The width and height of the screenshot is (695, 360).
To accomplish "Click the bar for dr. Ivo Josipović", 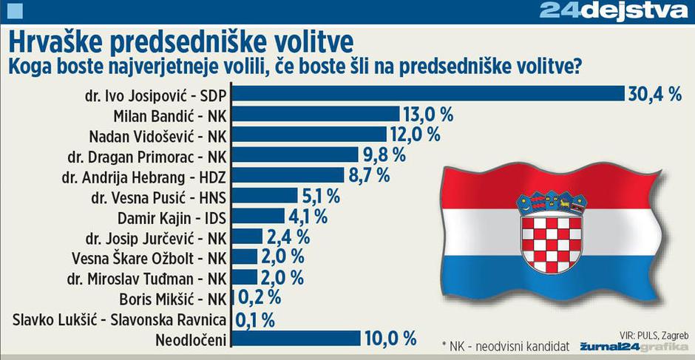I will pyautogui.click(x=429, y=94).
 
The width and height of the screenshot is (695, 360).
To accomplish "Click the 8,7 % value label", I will pyautogui.click(x=370, y=175).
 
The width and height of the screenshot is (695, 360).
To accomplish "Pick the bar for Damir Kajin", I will pyautogui.click(x=258, y=216).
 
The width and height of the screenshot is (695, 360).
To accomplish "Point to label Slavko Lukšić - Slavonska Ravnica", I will pyautogui.click(x=123, y=319).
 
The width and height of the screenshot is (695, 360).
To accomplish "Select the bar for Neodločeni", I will pyautogui.click(x=296, y=338).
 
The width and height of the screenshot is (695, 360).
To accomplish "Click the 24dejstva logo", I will pyautogui.click(x=614, y=10).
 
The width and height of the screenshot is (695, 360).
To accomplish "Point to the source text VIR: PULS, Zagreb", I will pyautogui.click(x=649, y=333).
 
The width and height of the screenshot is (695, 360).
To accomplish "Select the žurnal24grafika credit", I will pyautogui.click(x=634, y=346).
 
